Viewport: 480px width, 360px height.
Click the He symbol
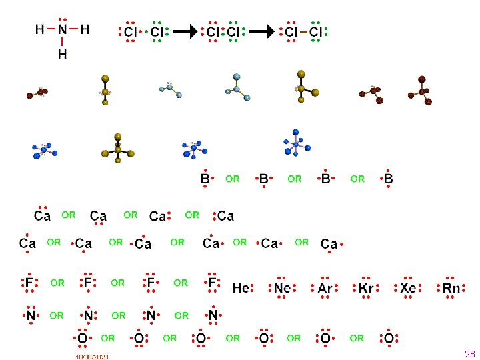[x=240, y=288]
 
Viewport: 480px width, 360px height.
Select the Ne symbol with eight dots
[x=281, y=288]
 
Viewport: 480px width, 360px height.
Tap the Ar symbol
[x=325, y=288]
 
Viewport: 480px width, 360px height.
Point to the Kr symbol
[x=366, y=288]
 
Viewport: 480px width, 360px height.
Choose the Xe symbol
[x=408, y=288]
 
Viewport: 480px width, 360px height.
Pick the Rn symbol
[x=451, y=288]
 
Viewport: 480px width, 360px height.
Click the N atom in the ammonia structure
[x=62, y=30]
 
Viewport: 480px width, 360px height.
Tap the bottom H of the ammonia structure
[x=62, y=54]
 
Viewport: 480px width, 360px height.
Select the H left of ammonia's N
[x=40, y=30]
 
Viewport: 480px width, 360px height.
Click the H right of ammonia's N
[x=84, y=30]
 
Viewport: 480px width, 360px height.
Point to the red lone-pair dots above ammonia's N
[x=62, y=19]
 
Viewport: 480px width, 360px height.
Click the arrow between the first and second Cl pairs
[x=189, y=31]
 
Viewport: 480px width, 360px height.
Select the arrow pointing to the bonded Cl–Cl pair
[x=267, y=31]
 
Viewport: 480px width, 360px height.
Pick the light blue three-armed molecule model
[x=238, y=87]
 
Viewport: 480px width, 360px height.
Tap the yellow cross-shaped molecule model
[x=118, y=149]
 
